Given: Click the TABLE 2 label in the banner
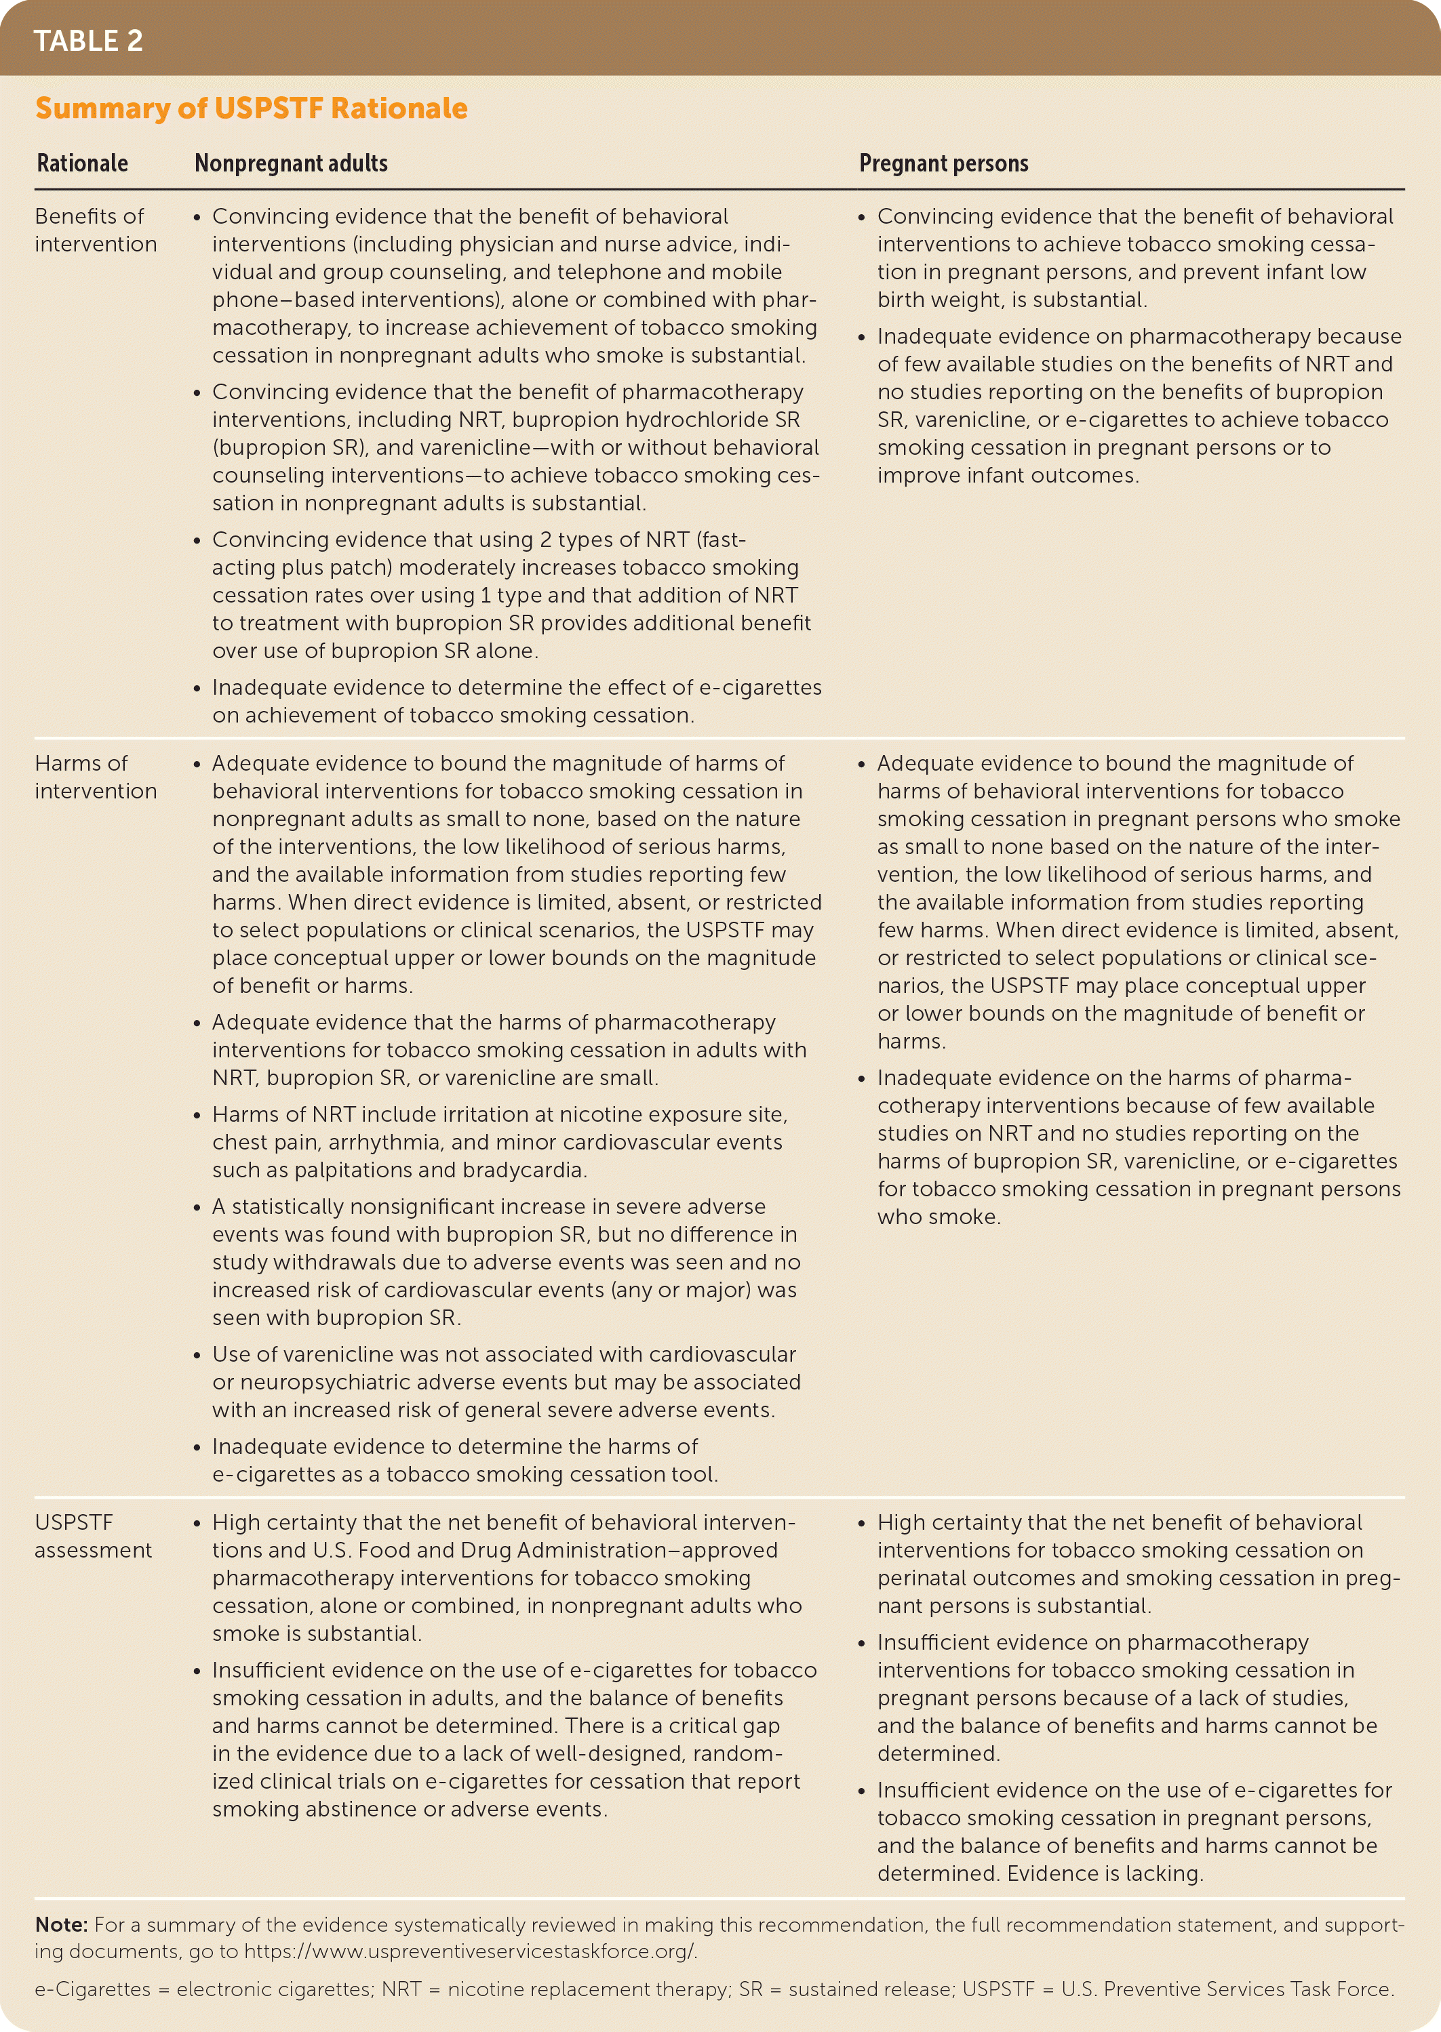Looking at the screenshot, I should (88, 41).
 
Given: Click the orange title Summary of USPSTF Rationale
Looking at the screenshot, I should (251, 108).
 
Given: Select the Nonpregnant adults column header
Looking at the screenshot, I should (291, 163).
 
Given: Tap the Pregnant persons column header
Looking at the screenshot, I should (943, 163).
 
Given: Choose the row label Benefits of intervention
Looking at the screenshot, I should (96, 230).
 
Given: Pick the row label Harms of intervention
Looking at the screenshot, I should (96, 777).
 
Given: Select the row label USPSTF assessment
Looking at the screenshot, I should (93, 1535).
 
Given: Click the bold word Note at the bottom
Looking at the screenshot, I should (60, 1925).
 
